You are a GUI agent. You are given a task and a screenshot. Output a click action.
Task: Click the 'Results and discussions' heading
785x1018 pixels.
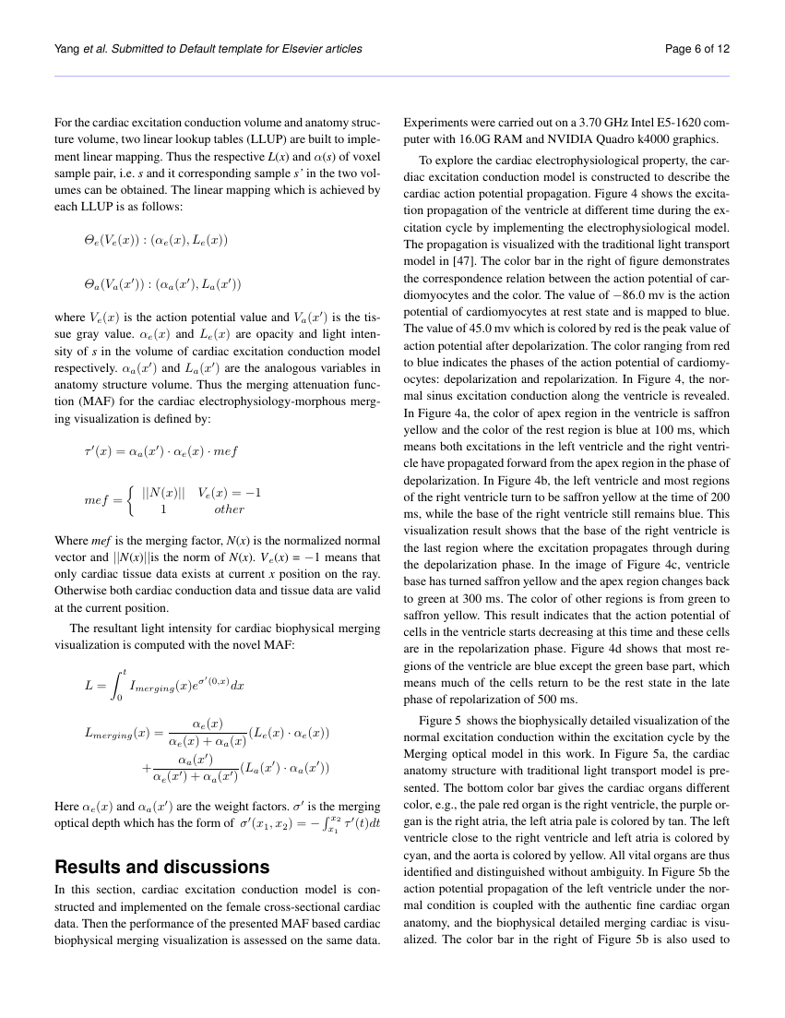[x=162, y=867]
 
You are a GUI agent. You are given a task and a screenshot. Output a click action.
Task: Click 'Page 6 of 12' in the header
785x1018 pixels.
[x=697, y=49]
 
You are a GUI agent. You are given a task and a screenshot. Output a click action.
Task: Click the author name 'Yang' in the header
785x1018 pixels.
[x=70, y=49]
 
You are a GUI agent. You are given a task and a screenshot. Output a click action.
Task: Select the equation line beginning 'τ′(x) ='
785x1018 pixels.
[x=161, y=451]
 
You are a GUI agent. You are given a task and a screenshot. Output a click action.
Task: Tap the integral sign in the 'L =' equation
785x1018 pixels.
[x=115, y=684]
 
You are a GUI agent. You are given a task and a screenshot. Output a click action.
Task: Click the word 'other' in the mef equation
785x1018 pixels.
[x=229, y=509]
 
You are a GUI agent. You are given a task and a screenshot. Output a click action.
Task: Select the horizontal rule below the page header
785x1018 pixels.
[x=392, y=76]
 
